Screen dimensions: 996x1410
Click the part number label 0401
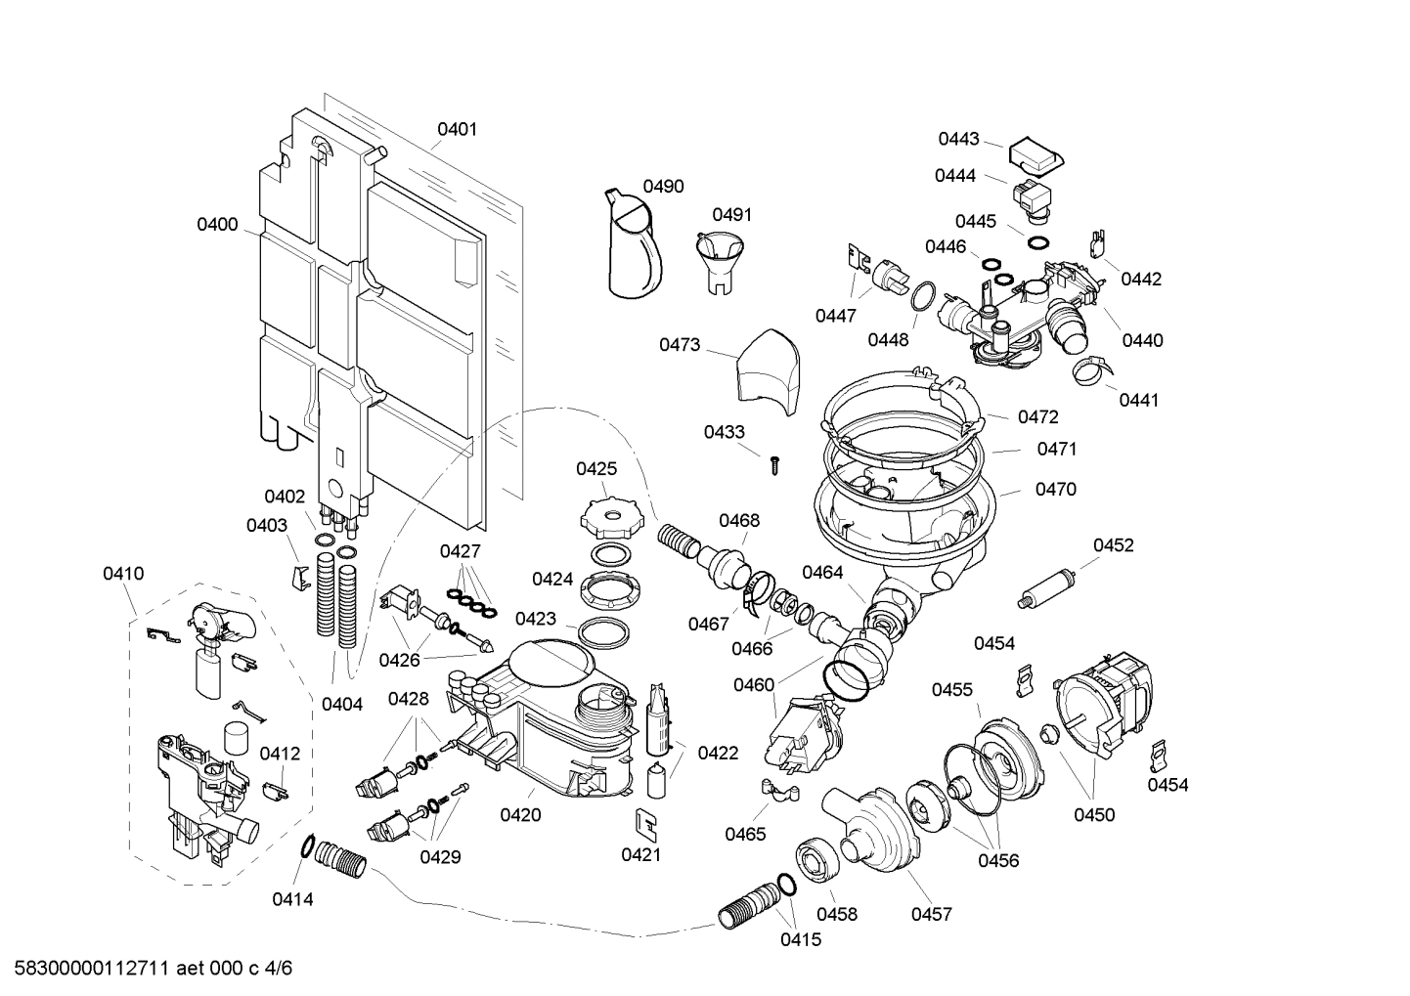click(457, 129)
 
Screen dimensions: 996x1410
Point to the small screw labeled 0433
click(775, 464)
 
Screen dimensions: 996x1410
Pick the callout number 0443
click(958, 139)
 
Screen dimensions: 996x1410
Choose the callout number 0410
click(123, 574)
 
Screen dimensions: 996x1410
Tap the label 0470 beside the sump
click(1055, 489)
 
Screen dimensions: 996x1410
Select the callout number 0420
click(520, 814)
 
